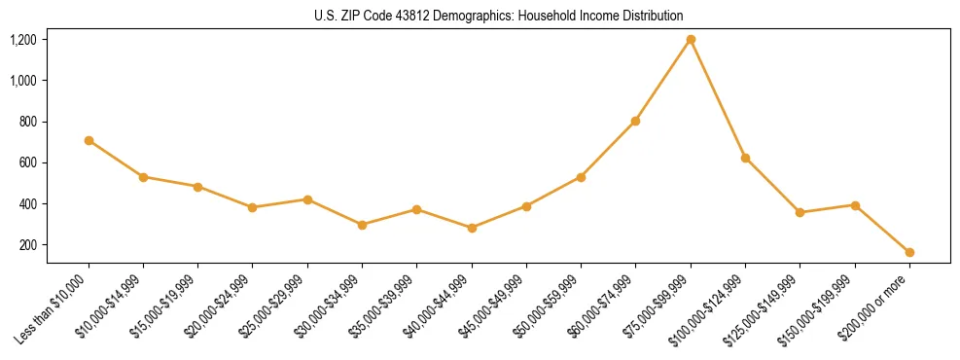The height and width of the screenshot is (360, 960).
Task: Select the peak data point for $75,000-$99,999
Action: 691,40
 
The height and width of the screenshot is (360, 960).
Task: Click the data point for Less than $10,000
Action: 89,140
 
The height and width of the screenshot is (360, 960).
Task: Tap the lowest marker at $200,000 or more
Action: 909,252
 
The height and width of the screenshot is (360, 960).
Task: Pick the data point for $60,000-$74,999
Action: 635,121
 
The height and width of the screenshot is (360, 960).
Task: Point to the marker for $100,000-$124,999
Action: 745,158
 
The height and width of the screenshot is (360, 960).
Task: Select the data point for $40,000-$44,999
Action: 472,228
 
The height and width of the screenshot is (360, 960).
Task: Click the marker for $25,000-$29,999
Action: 307,199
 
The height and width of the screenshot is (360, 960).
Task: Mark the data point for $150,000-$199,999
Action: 855,205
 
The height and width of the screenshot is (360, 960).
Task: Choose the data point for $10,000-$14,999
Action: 143,177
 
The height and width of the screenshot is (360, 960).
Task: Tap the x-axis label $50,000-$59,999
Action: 547,309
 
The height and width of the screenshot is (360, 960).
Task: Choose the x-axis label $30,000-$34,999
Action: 328,309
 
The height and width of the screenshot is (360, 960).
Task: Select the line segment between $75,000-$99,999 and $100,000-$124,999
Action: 718,99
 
